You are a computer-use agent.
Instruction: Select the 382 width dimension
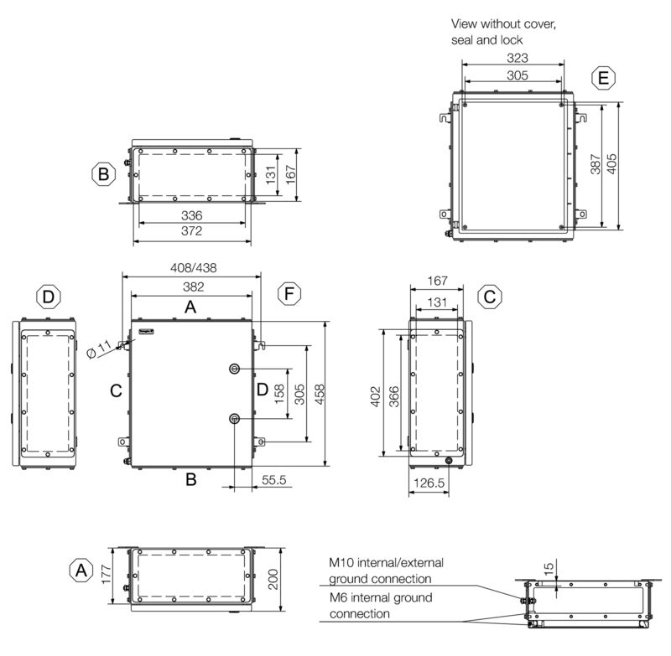191,287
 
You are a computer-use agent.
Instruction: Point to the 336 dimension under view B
192,215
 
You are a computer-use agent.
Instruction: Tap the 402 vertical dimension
376,393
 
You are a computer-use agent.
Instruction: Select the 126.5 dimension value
428,484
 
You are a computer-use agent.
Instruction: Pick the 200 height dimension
273,578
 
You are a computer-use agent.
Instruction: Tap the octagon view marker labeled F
289,295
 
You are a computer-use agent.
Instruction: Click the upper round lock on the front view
235,369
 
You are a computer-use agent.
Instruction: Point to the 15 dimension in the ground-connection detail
550,570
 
